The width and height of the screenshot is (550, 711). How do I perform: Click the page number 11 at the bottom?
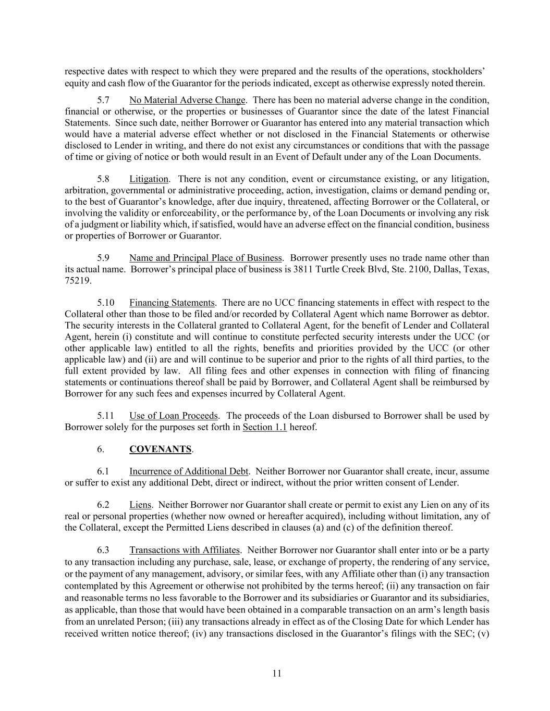pyautogui.click(x=276, y=673)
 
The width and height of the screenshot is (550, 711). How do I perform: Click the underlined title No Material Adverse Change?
pyautogui.click(x=187, y=100)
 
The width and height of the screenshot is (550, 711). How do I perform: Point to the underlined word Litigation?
pyautogui.click(x=149, y=179)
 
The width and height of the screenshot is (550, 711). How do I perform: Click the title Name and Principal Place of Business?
pyautogui.click(x=205, y=258)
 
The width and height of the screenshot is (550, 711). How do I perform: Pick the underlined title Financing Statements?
pyautogui.click(x=172, y=303)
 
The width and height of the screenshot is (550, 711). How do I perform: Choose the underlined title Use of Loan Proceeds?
pyautogui.click(x=173, y=416)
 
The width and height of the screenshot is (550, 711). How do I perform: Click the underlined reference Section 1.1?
pyautogui.click(x=265, y=427)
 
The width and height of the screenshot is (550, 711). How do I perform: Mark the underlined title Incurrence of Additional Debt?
pyautogui.click(x=189, y=471)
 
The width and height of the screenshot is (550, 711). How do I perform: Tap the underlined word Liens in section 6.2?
pyautogui.click(x=140, y=505)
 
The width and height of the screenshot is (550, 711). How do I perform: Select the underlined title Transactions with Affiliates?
pyautogui.click(x=185, y=550)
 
